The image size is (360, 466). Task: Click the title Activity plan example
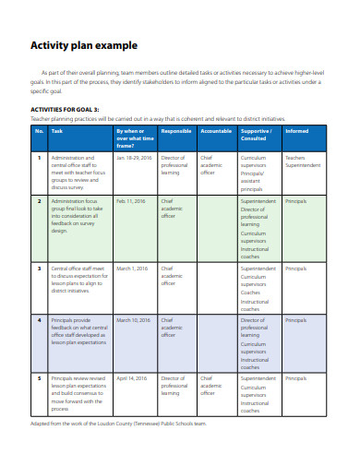pos(84,44)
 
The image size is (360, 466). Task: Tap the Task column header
pos(57,131)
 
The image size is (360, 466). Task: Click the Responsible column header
pos(176,131)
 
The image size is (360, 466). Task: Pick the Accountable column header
pos(217,131)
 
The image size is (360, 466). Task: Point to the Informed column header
pos(297,131)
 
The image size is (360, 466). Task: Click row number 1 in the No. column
pos(40,158)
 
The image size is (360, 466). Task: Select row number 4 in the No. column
pos(40,319)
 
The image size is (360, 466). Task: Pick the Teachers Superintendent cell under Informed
pos(302,161)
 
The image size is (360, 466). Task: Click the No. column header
pos(40,131)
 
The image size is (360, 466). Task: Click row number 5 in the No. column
pos(40,378)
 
